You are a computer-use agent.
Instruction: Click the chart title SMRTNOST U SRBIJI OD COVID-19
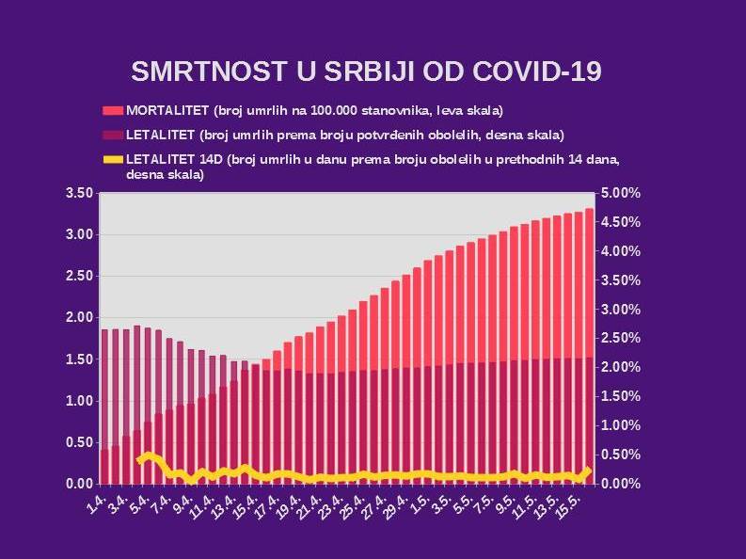click(366, 72)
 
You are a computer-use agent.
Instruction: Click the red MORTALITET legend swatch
click(112, 110)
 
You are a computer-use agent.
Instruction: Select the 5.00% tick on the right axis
click(620, 193)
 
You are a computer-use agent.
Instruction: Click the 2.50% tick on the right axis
click(620, 338)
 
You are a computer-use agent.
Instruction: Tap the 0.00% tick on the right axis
click(620, 484)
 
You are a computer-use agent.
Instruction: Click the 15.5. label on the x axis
click(578, 508)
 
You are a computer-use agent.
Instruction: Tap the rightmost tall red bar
click(589, 282)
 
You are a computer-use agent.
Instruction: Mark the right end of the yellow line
click(589, 470)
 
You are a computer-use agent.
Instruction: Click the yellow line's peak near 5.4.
click(148, 455)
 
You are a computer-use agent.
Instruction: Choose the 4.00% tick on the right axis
click(620, 251)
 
